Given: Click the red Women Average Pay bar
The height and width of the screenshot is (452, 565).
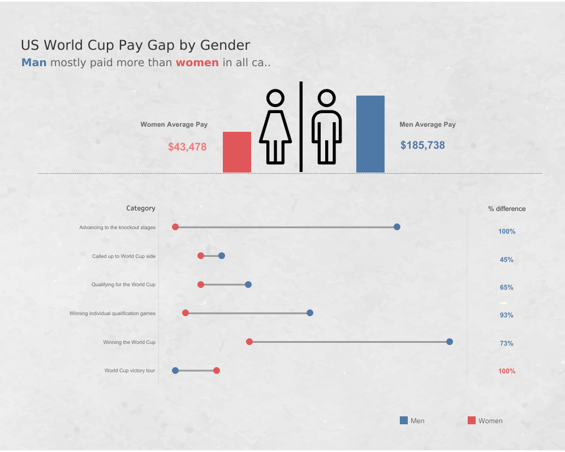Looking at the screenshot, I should (x=236, y=152).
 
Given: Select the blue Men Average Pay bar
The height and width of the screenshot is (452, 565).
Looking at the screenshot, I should (x=370, y=134).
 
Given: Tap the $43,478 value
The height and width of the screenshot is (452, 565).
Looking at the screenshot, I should (x=187, y=147).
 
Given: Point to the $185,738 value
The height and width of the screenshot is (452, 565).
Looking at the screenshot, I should (x=422, y=145).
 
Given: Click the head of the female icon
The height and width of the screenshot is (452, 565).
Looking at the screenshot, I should (x=275, y=98).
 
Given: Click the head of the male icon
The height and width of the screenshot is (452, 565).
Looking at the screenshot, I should (x=326, y=98).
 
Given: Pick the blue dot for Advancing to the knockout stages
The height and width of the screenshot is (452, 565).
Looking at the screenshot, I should (x=397, y=227).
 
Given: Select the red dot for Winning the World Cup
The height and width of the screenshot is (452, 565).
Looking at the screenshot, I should (x=249, y=342).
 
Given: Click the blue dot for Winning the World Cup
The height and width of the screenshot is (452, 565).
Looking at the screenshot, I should (x=450, y=342).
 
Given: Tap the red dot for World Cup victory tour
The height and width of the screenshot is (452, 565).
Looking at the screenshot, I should (x=217, y=371).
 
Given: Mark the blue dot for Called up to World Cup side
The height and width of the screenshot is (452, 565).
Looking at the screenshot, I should (x=222, y=256).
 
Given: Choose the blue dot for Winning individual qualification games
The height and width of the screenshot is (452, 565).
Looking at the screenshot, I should (x=310, y=313).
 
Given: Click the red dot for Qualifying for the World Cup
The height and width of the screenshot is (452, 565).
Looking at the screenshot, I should (x=201, y=285).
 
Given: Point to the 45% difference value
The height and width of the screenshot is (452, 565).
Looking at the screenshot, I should (x=506, y=260).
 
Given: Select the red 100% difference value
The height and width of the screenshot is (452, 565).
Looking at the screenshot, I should (x=507, y=371).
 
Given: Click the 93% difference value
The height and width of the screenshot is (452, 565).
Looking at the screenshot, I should (x=506, y=315).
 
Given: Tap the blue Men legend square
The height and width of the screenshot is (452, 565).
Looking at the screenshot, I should (x=404, y=420).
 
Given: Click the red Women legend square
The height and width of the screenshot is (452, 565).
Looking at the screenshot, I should (x=472, y=420).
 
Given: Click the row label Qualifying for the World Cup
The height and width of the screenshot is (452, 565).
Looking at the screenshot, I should (x=123, y=285).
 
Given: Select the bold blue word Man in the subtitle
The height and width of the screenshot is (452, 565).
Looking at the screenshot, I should (x=34, y=62).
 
